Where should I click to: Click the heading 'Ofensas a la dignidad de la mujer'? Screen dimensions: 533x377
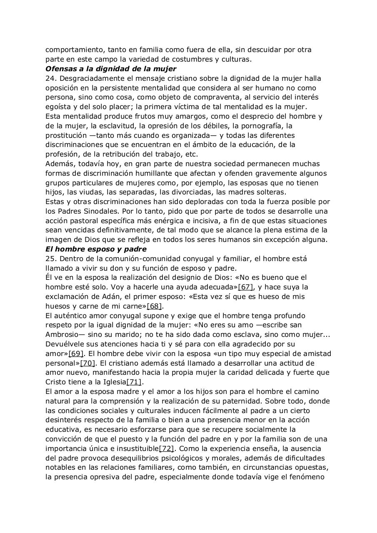coord(111,69)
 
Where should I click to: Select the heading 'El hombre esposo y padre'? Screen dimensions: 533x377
coord(96,249)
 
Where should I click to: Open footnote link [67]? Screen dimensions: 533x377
coord(245,287)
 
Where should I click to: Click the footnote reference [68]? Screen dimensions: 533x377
coord(155,306)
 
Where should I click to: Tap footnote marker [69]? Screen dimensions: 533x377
coord(76,354)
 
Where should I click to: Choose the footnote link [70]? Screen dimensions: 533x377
coord(88,363)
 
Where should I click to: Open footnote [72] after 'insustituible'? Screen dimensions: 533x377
coord(167,448)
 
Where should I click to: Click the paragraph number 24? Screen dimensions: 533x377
coord(50,78)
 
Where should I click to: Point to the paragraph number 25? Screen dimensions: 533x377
coord(50,259)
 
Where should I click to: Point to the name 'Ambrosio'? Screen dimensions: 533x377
coord(61,334)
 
